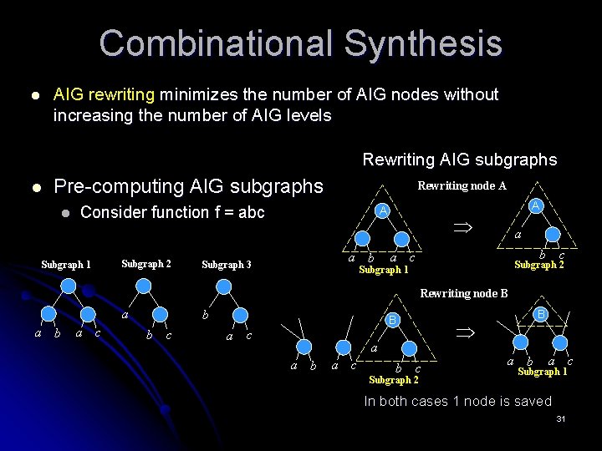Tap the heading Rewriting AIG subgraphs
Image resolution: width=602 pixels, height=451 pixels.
pos(459,160)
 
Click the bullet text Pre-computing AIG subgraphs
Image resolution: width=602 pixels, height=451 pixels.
pos(188,185)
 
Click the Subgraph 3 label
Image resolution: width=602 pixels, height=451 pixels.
pos(226,265)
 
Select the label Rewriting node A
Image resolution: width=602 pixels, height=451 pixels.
pos(462,185)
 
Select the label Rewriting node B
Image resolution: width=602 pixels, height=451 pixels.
pos(463,293)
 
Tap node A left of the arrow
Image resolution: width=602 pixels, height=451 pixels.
pos(381,210)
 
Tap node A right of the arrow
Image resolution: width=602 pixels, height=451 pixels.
pos(536,206)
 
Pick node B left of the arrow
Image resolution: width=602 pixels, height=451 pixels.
pos(390,319)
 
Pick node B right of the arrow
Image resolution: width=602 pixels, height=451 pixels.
pos(541,314)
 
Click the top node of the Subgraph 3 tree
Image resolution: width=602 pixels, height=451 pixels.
pos(223,286)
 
